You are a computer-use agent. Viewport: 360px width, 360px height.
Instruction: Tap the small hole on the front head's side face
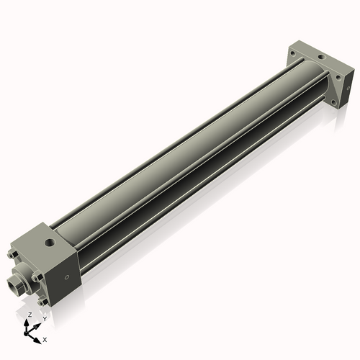tap(68, 276)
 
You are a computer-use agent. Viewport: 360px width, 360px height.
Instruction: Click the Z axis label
tap(29, 315)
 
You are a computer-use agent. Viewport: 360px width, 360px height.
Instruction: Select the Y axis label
tap(44, 318)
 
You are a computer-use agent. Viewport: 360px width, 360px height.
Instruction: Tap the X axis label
tap(45, 338)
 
